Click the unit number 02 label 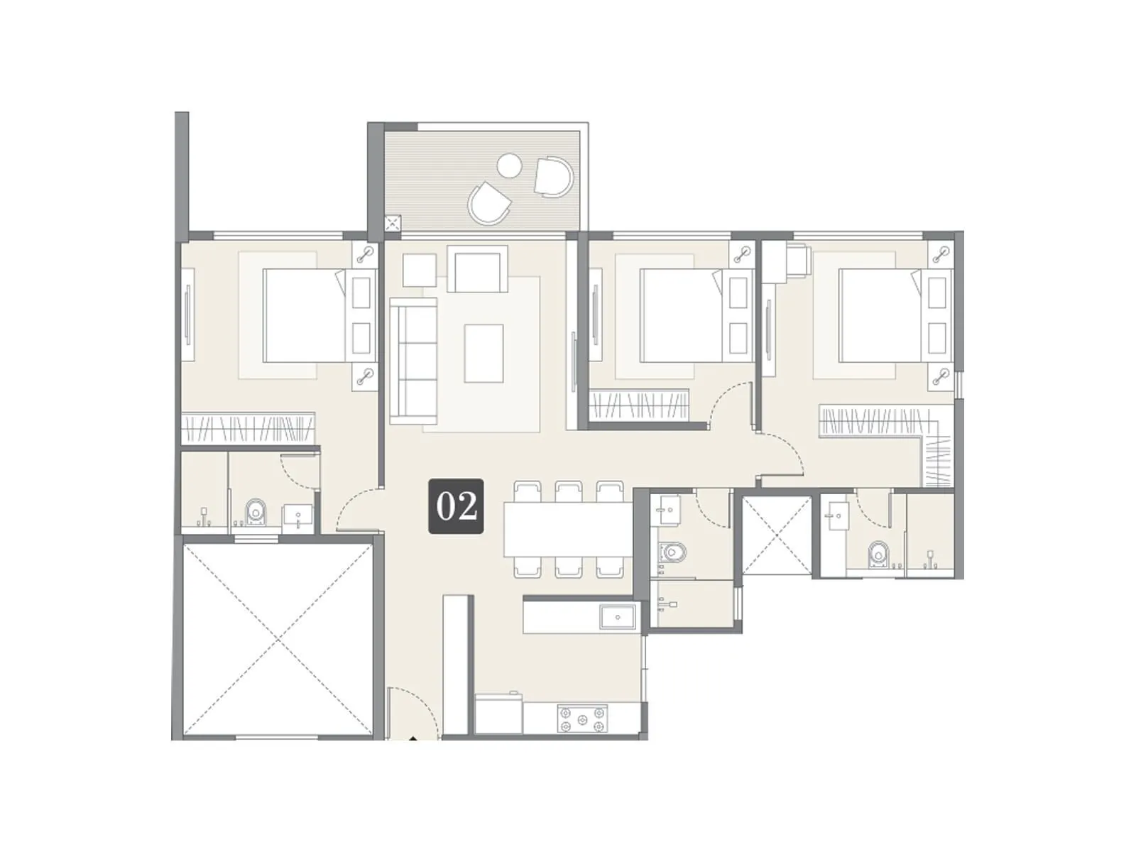(x=455, y=506)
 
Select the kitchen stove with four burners (x=582, y=718)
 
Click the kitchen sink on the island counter (x=618, y=618)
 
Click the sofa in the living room (x=413, y=361)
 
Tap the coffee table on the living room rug (x=484, y=353)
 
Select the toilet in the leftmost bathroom (x=255, y=510)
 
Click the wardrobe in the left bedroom (x=248, y=428)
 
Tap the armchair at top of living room (x=481, y=270)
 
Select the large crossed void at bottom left (x=278, y=640)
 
